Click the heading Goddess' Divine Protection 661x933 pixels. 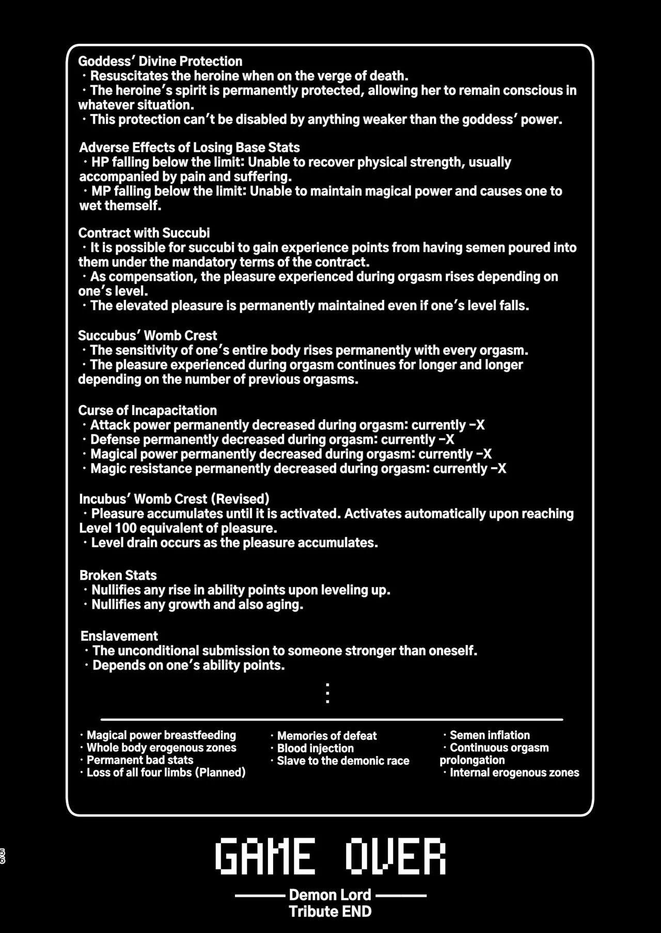pos(160,61)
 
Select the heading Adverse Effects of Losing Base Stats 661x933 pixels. pos(190,148)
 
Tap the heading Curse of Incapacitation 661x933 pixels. pos(148,410)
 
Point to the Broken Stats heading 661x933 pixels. pos(118,575)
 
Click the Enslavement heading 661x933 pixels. pos(119,636)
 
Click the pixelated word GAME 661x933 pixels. pos(265,857)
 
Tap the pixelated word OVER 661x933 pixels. pos(395,857)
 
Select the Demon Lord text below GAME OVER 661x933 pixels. pos(330,895)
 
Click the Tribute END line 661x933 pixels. pos(330,911)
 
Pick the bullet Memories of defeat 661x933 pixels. pos(327,736)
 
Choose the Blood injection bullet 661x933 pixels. pos(316,748)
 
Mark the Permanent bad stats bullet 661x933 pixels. pos(140,760)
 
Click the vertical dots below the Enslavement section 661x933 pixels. pos(327,693)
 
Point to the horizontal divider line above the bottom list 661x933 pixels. pos(332,719)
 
